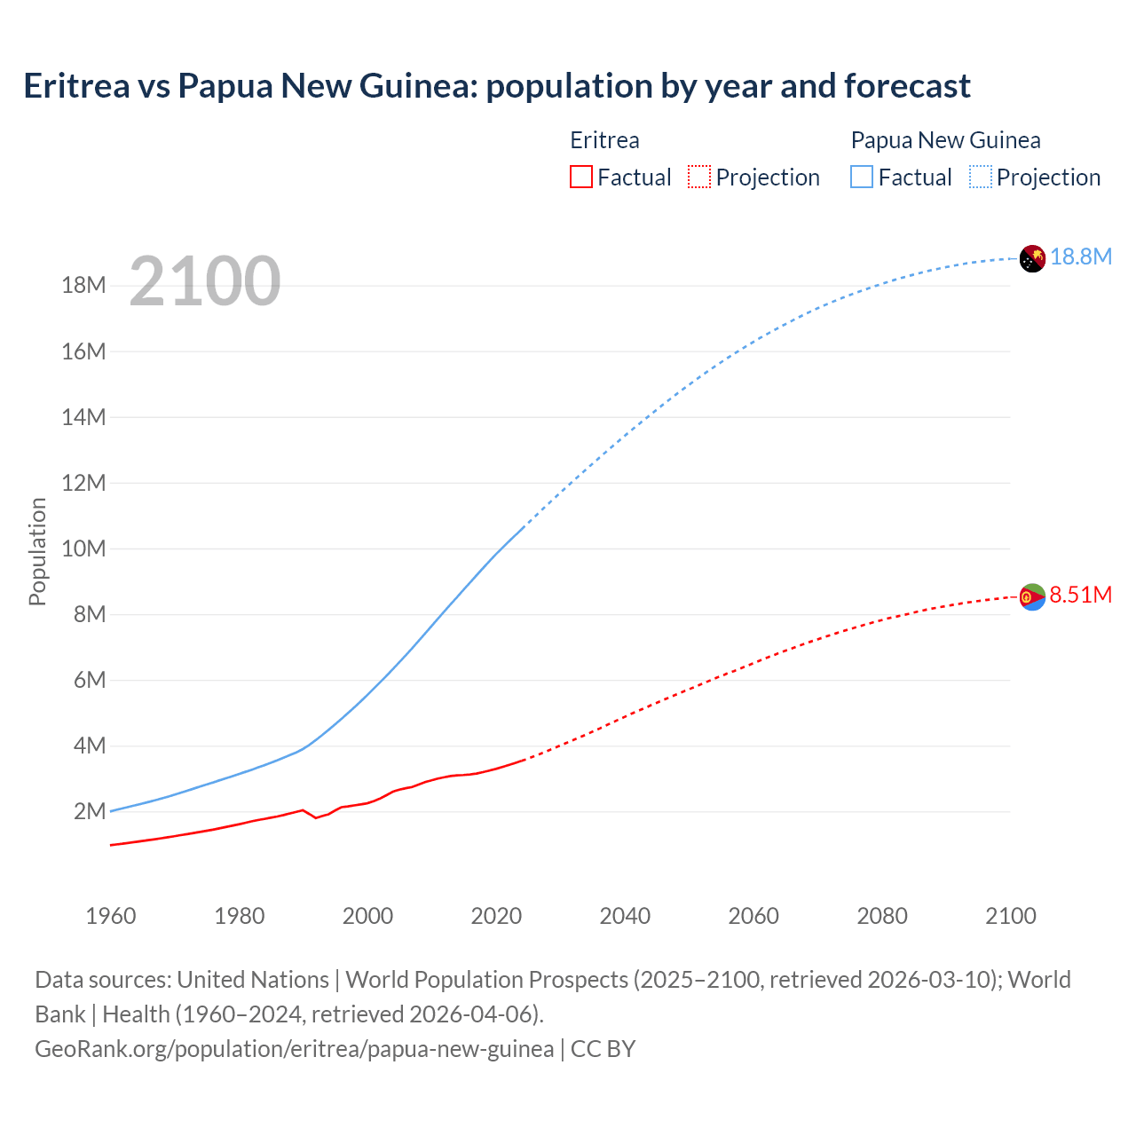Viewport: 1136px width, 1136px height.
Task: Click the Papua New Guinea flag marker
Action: point(1032,258)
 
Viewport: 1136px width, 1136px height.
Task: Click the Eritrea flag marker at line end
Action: point(1032,597)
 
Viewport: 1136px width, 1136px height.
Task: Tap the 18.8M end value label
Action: point(1081,256)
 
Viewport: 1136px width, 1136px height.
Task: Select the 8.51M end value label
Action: point(1080,595)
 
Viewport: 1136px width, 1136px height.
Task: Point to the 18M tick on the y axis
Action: point(83,286)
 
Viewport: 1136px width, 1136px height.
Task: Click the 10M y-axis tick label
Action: point(83,548)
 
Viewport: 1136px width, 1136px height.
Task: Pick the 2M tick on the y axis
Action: point(90,811)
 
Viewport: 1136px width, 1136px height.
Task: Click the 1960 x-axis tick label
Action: point(111,916)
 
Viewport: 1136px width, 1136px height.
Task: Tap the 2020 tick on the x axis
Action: point(496,916)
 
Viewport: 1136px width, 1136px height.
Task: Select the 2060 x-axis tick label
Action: point(753,916)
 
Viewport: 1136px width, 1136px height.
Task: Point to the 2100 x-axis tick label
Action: point(1010,916)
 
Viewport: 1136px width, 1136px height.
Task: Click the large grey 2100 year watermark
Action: point(205,281)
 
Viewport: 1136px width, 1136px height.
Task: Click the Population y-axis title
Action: point(37,551)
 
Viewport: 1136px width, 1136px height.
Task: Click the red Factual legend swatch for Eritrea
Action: point(581,177)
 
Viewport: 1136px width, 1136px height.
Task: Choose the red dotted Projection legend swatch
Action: point(699,177)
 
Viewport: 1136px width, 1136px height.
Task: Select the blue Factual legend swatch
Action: point(862,177)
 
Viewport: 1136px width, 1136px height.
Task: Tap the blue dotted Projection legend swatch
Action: point(981,177)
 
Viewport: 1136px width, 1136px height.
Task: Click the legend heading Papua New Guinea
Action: point(945,140)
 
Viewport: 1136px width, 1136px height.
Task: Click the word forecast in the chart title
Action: point(907,86)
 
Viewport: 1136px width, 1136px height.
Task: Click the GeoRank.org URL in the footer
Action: point(294,1049)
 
